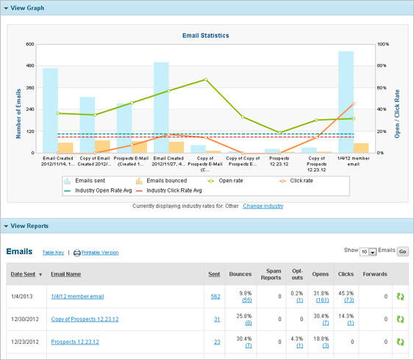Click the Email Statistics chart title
point(206,35)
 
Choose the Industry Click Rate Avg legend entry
point(174,190)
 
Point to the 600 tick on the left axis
point(30,44)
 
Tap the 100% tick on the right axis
point(382,44)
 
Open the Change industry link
point(263,206)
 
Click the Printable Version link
point(100,253)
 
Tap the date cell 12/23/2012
point(26,342)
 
